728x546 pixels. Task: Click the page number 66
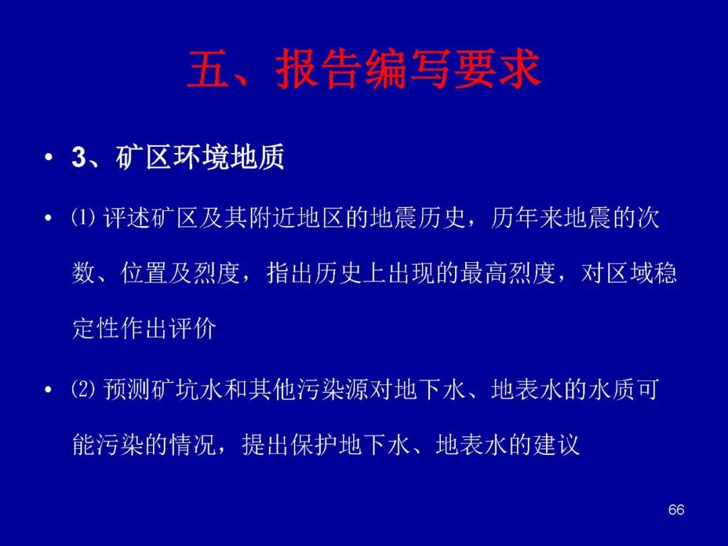(676, 510)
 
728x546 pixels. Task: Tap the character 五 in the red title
(208, 69)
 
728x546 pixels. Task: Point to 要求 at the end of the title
(497, 69)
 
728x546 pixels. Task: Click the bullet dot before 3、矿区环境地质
(49, 158)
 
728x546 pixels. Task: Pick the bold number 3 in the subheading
(79, 158)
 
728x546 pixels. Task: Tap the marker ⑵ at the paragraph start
(83, 389)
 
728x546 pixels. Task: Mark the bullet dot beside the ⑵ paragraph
(49, 390)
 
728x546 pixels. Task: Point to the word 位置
(144, 274)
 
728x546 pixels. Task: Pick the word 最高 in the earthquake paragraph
(485, 274)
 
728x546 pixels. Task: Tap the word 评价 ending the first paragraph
(193, 329)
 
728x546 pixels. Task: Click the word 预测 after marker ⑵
(127, 389)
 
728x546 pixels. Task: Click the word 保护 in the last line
(314, 445)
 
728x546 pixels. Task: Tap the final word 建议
(557, 445)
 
